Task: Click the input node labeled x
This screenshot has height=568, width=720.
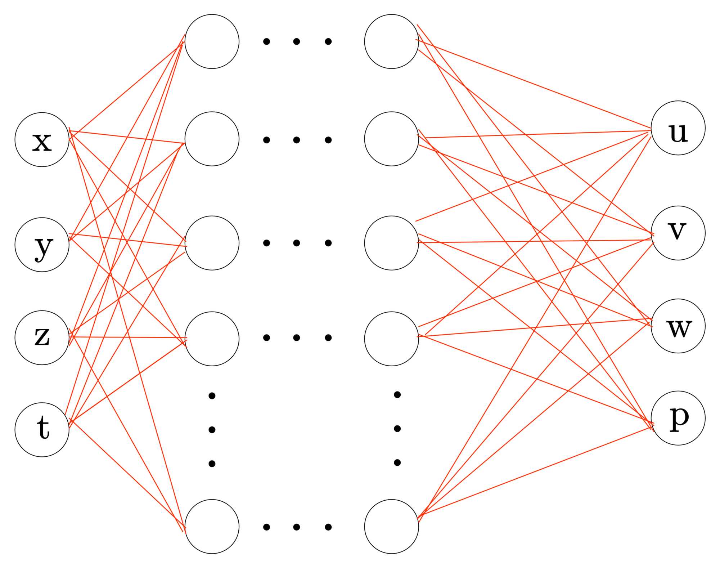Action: point(42,140)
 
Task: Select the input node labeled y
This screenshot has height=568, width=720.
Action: point(42,245)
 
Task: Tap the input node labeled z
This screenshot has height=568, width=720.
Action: point(42,338)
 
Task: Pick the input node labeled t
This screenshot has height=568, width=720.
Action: point(42,430)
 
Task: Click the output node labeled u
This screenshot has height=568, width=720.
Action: point(678,128)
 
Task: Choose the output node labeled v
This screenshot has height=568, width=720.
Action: point(678,233)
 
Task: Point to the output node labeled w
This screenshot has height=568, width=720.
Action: point(678,326)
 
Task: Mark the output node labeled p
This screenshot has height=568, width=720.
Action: point(678,418)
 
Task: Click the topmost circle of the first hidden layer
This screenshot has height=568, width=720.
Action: point(212,41)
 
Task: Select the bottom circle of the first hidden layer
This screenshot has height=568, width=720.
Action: point(212,527)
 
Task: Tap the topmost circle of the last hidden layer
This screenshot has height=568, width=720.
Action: point(391,41)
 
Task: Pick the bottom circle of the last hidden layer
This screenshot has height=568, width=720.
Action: point(391,527)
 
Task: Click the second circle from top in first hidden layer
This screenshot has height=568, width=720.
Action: point(212,139)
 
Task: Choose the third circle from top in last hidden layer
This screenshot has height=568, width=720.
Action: point(391,243)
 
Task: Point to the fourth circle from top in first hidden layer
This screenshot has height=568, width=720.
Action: point(212,339)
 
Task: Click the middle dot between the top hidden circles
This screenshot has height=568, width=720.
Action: point(297,41)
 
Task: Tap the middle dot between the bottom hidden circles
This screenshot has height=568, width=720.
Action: point(297,527)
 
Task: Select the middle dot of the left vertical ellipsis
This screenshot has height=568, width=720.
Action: point(212,430)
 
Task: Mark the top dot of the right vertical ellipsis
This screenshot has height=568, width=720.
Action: point(397,395)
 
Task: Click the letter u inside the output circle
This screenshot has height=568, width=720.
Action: point(678,133)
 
